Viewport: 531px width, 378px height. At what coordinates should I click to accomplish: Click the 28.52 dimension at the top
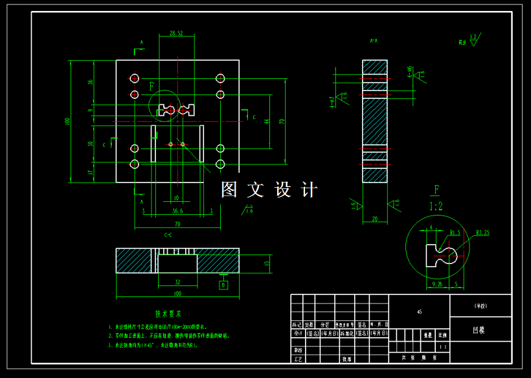coord(175,33)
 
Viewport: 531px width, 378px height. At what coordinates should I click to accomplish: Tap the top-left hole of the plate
coord(135,79)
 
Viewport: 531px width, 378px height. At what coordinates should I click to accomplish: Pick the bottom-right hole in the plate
coord(220,164)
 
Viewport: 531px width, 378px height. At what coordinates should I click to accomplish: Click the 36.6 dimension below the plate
coord(177,211)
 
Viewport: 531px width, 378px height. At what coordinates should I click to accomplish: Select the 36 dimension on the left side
coord(91,82)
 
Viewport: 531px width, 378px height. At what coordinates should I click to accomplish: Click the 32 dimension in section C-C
coord(177,282)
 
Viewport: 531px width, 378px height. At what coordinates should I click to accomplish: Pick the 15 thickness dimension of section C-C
coord(267,261)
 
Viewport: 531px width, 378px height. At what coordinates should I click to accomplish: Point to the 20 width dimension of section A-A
coord(374,219)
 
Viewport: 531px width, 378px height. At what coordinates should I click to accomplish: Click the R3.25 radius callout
coord(482,232)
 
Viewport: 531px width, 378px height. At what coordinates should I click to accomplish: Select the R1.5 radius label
coord(455,232)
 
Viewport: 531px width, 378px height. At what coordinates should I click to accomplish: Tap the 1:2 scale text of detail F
coord(436,206)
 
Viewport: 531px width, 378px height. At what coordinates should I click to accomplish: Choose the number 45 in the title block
coord(420,312)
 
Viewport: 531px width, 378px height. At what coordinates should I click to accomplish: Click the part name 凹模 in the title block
coord(480,329)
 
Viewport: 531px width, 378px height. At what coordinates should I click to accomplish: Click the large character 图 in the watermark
coord(229,190)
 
